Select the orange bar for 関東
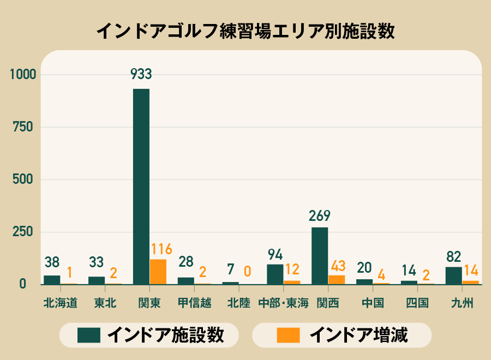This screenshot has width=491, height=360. (x=158, y=272)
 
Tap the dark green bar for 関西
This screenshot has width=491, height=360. (x=320, y=255)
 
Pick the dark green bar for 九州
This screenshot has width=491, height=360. (x=453, y=275)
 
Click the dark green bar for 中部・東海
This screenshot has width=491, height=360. (x=275, y=274)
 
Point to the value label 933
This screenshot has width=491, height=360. (x=141, y=74)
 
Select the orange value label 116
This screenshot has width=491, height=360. (x=161, y=250)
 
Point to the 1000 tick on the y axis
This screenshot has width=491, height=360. (x=21, y=75)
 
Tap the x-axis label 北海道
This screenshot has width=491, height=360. (x=60, y=303)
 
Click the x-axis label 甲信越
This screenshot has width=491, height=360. (x=194, y=303)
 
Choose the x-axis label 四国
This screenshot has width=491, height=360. (x=417, y=303)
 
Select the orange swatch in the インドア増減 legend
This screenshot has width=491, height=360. (x=288, y=335)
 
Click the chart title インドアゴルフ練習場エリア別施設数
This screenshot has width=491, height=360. (x=245, y=31)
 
